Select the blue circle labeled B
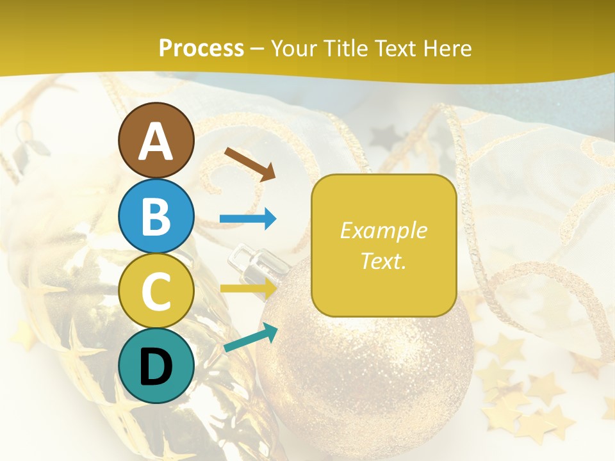[x=156, y=216]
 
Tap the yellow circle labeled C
[x=156, y=291]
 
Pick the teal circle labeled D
[x=156, y=366]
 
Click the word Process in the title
[x=201, y=48]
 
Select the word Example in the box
[x=383, y=230]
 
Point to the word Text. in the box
[x=383, y=261]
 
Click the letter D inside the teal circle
[x=156, y=367]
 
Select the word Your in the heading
[x=295, y=48]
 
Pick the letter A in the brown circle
[x=156, y=142]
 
